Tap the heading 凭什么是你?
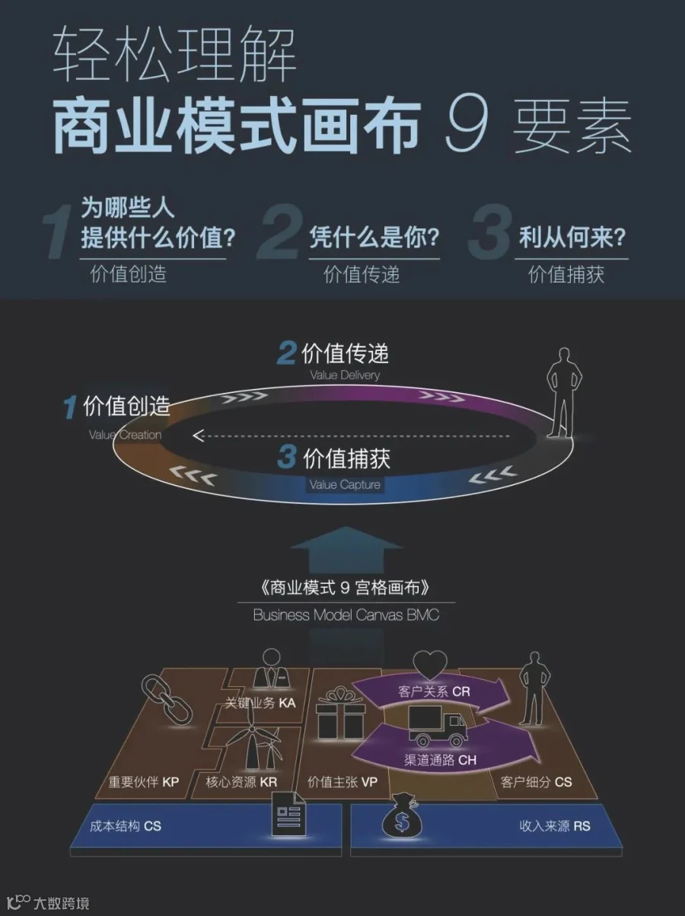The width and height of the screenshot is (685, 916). (374, 237)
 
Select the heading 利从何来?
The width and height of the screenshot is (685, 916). (572, 237)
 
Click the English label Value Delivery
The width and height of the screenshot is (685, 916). (345, 375)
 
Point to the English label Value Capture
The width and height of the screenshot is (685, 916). (345, 484)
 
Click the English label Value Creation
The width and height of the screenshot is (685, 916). (125, 435)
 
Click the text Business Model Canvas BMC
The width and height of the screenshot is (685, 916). (346, 614)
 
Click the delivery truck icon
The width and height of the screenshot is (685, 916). (438, 726)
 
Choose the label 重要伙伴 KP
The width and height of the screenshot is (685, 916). (143, 782)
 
